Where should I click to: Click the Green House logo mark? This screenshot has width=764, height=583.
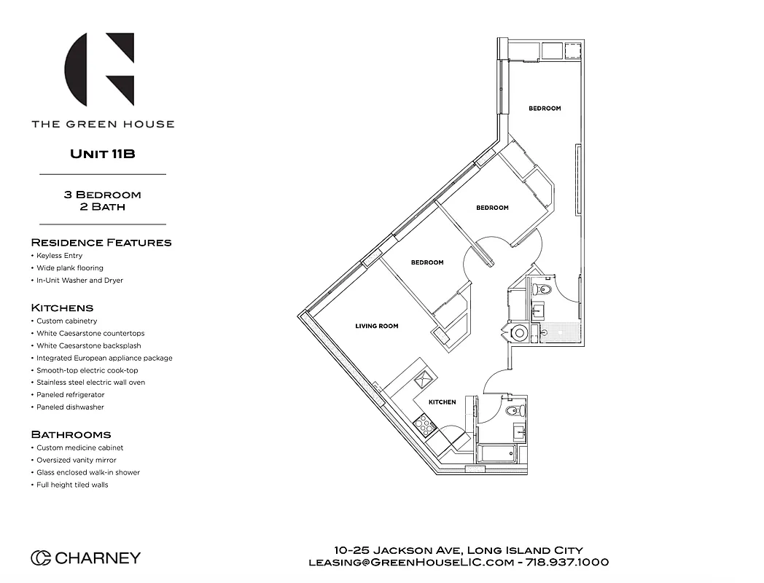(x=100, y=69)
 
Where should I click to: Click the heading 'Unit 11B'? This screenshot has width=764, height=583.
(x=103, y=154)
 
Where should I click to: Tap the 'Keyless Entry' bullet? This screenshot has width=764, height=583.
(x=59, y=256)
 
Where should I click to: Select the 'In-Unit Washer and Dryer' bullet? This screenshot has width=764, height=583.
(x=79, y=281)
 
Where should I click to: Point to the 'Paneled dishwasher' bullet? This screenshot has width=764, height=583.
(x=70, y=407)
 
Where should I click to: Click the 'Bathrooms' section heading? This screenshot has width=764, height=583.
(x=71, y=434)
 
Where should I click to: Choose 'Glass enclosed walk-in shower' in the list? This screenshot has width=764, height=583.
(x=88, y=472)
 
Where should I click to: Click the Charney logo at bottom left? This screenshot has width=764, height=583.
(x=85, y=558)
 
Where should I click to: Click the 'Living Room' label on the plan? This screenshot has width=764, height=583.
(x=377, y=326)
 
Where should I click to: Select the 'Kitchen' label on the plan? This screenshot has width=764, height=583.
(x=442, y=402)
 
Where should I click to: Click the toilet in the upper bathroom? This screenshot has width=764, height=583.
(x=539, y=289)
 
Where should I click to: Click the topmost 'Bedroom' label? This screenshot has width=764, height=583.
(x=545, y=109)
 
